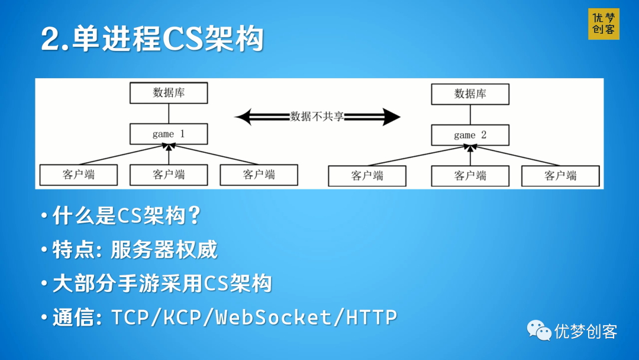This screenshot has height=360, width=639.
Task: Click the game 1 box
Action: pos(169,134)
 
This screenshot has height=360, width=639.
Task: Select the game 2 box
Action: pos(470,135)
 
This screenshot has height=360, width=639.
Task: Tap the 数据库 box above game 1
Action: pos(169,93)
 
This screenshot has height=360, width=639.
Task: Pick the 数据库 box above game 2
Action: pos(470,94)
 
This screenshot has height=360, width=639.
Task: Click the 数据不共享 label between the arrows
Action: pos(317,117)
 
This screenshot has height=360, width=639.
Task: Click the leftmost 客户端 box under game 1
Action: pos(79,175)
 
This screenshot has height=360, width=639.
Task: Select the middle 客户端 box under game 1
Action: pos(169,175)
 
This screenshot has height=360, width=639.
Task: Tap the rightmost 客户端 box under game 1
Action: pos(259,175)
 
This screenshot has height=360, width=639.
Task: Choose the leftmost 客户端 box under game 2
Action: pos(367,176)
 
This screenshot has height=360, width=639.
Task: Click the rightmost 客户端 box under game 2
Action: pos(560,176)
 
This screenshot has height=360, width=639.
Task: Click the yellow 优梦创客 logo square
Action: pos(603,24)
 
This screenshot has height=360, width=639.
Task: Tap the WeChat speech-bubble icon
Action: pos(539,330)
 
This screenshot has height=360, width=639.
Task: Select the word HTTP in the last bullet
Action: pos(372,317)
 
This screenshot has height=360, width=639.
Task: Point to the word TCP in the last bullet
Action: pos(130,317)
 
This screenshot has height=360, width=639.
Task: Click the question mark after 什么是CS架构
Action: pos(193,216)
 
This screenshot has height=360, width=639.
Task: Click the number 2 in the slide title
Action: pos(50,40)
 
